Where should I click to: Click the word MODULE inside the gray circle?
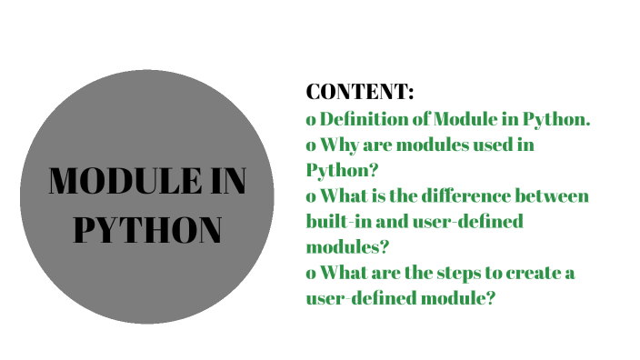[117, 182]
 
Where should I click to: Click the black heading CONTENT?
[360, 93]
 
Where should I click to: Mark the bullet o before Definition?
[311, 120]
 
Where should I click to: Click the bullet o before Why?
[311, 145]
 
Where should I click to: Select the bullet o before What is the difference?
[311, 196]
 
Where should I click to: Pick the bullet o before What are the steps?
[311, 274]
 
